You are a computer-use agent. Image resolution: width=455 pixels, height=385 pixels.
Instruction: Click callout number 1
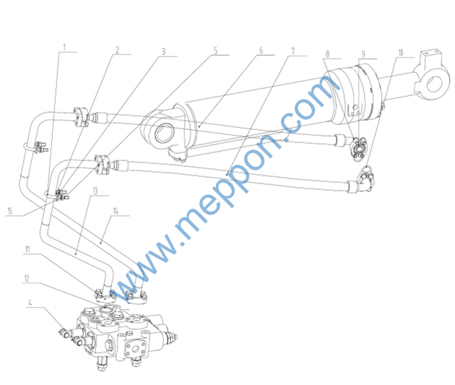tap(65, 47)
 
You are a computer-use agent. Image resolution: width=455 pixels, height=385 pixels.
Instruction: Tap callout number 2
tap(117, 50)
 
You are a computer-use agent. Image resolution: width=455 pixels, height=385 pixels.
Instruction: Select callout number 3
tap(164, 51)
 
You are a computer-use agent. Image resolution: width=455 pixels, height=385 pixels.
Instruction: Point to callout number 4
tap(30, 303)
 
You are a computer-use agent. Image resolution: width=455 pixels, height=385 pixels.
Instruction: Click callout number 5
tap(215, 51)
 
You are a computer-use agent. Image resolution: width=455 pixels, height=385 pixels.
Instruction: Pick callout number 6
tap(261, 51)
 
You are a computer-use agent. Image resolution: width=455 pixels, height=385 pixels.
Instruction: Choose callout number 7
tap(292, 51)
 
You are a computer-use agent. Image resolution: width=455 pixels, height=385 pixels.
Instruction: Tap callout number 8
tap(328, 54)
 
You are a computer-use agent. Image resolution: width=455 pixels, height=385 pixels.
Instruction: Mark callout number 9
tap(363, 54)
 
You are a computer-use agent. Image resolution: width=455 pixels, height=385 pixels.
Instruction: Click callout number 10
tap(401, 53)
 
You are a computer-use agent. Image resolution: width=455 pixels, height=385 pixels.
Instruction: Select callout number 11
tap(27, 249)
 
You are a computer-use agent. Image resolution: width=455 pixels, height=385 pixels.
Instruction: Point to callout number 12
tap(27, 279)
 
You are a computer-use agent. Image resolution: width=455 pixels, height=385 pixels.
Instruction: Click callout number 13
tap(95, 191)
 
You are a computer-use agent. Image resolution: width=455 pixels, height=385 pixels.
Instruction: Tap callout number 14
tap(116, 211)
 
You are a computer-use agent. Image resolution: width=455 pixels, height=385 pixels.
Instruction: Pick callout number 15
tap(10, 211)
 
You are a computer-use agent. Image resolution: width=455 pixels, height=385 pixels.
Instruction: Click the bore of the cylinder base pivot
tap(165, 133)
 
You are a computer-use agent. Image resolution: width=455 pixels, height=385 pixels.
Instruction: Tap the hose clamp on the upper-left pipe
tap(36, 147)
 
